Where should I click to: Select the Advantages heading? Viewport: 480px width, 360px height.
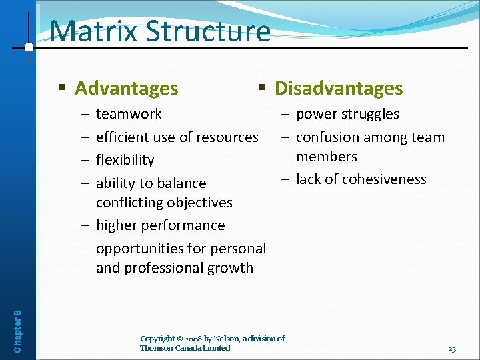pyautogui.click(x=126, y=88)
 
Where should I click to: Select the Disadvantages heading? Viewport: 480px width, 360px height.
pyautogui.click(x=339, y=88)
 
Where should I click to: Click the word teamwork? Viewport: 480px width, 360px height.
pyautogui.click(x=129, y=114)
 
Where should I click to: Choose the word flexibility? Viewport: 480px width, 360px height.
pyautogui.click(x=125, y=160)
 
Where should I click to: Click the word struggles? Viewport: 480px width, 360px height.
pyautogui.click(x=369, y=114)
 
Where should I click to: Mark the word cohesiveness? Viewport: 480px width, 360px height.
pyautogui.click(x=384, y=179)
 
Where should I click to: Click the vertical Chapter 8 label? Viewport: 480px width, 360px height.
pyautogui.click(x=17, y=321)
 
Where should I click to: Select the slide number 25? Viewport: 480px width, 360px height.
pyautogui.click(x=451, y=349)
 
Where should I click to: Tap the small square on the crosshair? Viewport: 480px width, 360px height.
pyautogui.click(x=29, y=47)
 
